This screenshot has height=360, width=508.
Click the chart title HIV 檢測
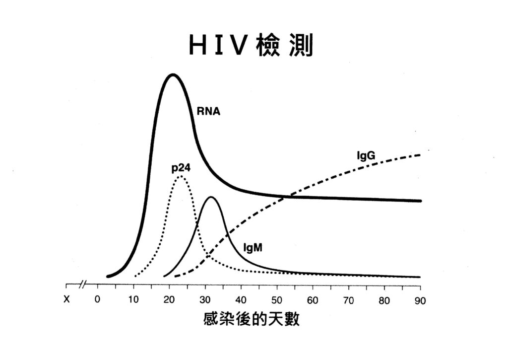(x=251, y=46)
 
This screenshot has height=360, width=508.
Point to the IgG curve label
(x=366, y=156)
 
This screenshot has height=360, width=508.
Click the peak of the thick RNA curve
(x=173, y=74)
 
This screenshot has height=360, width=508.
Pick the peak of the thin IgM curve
(x=212, y=197)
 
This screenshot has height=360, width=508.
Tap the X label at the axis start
(x=67, y=300)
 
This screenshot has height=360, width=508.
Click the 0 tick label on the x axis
(x=98, y=300)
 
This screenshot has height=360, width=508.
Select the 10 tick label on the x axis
(x=133, y=300)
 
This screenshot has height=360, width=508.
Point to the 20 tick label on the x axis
(x=169, y=300)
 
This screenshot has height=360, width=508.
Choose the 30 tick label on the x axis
(x=205, y=300)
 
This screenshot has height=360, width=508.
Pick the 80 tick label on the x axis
(x=384, y=300)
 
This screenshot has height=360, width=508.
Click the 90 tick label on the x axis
(x=420, y=300)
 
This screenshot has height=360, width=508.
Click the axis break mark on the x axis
(x=83, y=285)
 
